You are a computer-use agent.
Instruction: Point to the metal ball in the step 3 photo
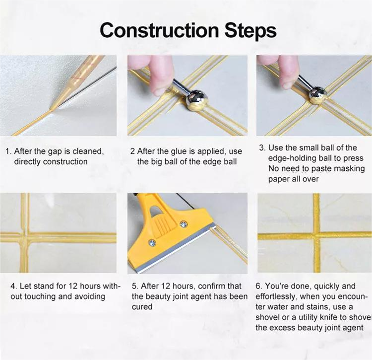click(x=316, y=94)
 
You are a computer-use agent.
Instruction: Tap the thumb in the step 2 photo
click(x=160, y=74)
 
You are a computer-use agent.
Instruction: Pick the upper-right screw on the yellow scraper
click(x=184, y=224)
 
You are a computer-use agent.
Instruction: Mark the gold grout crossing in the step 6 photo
click(x=316, y=234)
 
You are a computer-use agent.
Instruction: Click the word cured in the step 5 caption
click(x=142, y=307)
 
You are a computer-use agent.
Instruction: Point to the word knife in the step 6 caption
click(x=334, y=317)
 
